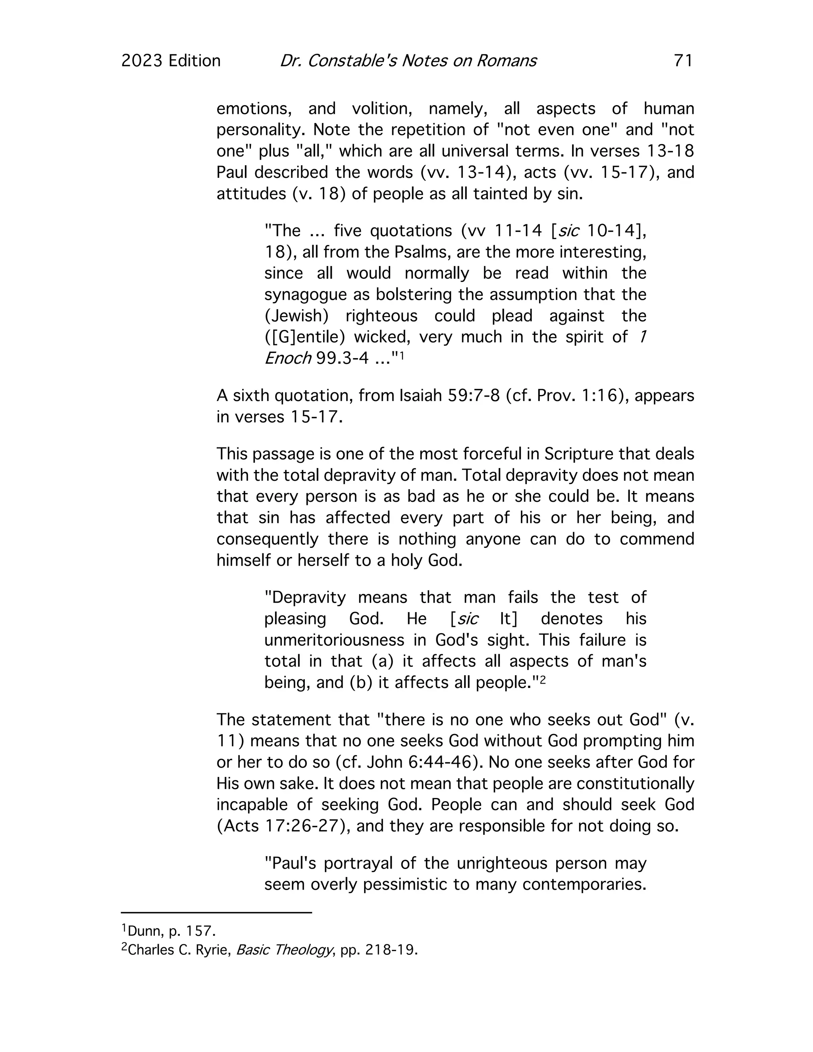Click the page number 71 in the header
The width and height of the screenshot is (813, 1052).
pos(683,61)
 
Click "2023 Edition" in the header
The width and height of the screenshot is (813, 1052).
pos(171,61)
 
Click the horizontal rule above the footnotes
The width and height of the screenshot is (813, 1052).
pos(216,912)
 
